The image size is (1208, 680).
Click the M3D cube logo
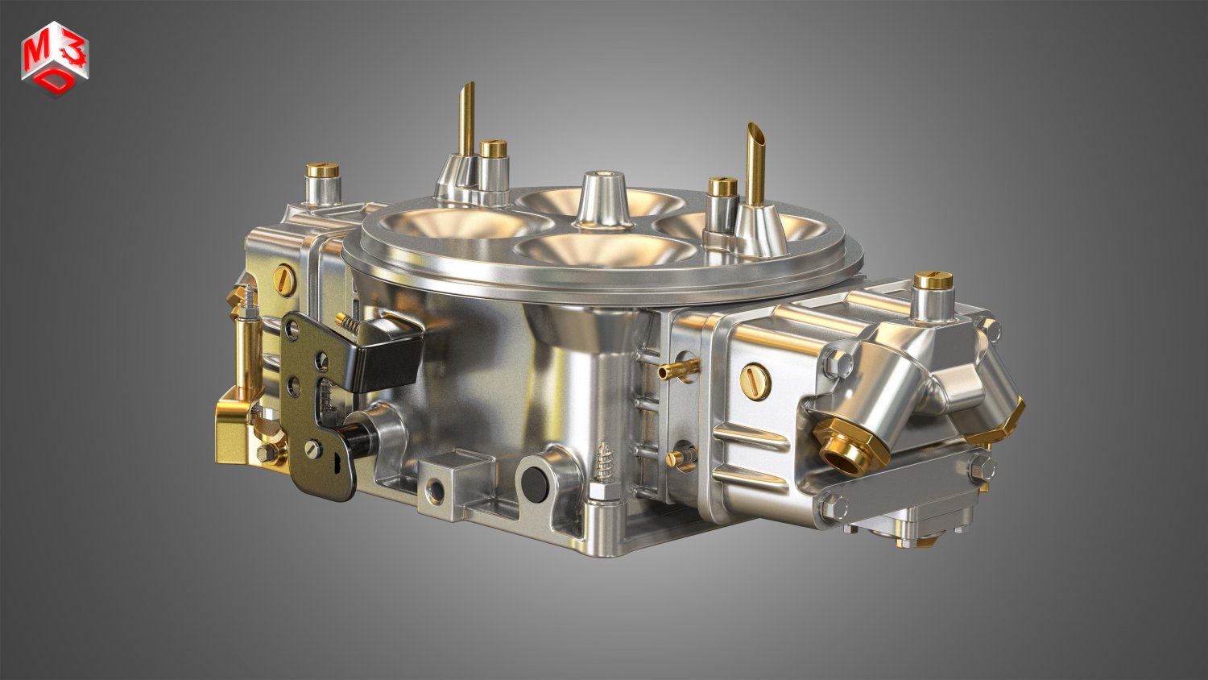[x=55, y=59]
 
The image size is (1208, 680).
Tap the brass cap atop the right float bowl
[x=933, y=280]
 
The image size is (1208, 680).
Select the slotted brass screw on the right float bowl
[x=757, y=378]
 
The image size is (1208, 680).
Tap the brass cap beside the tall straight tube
[x=493, y=148]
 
